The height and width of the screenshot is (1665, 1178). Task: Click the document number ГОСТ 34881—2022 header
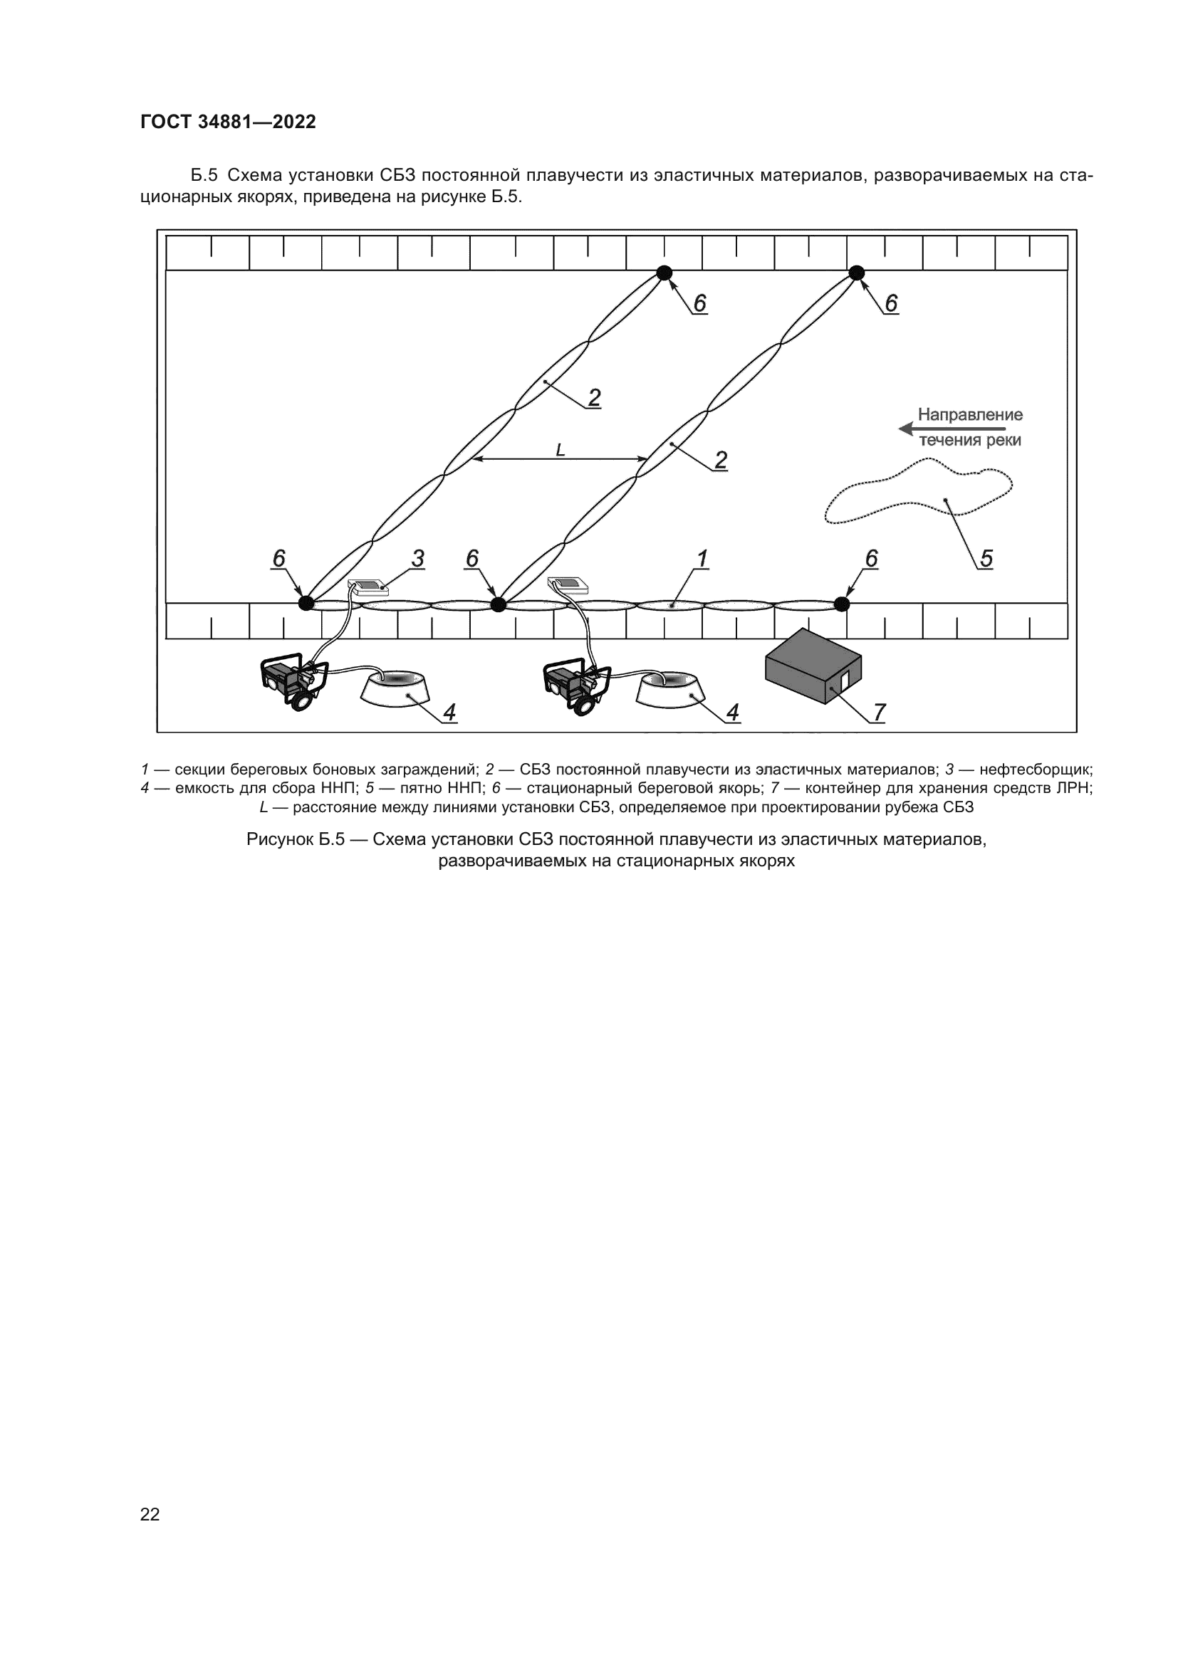click(x=228, y=122)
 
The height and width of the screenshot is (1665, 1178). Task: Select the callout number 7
click(x=879, y=712)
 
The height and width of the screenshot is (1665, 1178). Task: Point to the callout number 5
click(x=986, y=558)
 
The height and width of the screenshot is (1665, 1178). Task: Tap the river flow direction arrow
click(x=950, y=429)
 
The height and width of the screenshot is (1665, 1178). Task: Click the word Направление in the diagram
click(x=970, y=415)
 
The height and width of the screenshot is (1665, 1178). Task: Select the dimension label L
click(x=560, y=451)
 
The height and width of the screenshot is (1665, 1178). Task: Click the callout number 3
click(x=418, y=558)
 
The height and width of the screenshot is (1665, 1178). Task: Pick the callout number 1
click(x=702, y=558)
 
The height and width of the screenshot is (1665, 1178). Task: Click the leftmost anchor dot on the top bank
click(x=664, y=273)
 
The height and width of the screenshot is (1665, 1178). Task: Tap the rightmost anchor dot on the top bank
click(x=857, y=273)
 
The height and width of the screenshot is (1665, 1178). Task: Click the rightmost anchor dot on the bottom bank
click(x=841, y=604)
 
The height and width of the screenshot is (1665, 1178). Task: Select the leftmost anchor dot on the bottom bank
click(x=307, y=603)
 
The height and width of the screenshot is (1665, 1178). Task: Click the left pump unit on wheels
click(x=293, y=681)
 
